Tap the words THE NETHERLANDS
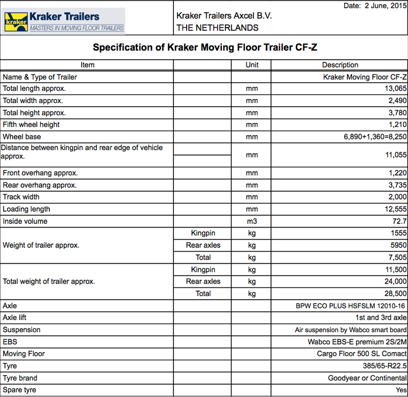pos(217,28)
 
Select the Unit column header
pos(252,65)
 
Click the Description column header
pos(340,65)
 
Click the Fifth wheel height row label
pos(31,125)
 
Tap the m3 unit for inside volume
pos(252,221)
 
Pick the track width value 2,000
pos(397,197)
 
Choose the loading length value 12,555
pos(395,209)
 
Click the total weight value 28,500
pos(395,293)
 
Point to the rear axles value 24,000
pos(395,281)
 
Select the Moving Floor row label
pos(24,354)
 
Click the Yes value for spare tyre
pos(401,390)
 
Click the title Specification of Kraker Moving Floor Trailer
pos(206,48)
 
